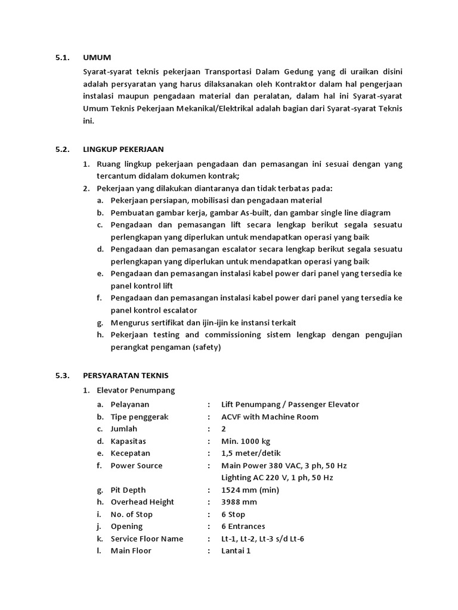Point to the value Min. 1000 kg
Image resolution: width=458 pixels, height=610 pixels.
tap(246, 441)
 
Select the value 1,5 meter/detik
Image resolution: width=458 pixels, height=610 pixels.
tap(251, 453)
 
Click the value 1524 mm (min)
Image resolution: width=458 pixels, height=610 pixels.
tap(250, 490)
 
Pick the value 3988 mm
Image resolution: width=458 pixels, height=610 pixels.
tap(240, 502)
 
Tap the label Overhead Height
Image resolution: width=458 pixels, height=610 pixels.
tap(143, 502)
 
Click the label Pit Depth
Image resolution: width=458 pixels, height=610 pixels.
tap(128, 490)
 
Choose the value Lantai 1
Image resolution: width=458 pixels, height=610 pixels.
tap(236, 550)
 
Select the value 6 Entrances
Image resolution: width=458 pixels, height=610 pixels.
tap(243, 527)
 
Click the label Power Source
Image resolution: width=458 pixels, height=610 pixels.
tap(137, 465)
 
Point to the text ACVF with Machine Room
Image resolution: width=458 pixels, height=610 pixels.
tap(270, 417)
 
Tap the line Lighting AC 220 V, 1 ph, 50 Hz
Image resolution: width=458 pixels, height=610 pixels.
tap(277, 478)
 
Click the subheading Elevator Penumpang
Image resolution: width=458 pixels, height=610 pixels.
tap(136, 390)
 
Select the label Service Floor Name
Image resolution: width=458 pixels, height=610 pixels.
tap(147, 539)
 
